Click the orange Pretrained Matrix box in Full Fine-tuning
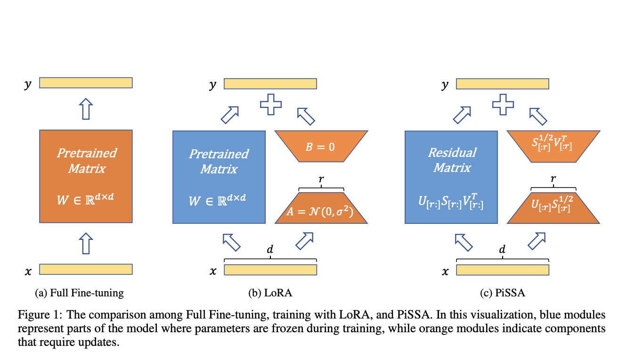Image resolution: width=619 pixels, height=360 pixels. tap(86, 176)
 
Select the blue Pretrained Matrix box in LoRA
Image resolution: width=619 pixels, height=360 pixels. tap(219, 177)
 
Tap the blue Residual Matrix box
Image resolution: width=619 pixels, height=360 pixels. tap(451, 177)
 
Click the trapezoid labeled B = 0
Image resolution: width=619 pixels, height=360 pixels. tap(320, 147)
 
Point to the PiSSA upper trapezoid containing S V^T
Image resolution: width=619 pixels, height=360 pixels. tap(553, 147)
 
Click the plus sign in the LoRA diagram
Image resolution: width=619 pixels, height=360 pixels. tap(271, 105)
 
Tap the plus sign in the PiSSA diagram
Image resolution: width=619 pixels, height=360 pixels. tap(503, 105)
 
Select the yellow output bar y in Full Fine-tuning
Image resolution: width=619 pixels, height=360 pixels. tap(86, 83)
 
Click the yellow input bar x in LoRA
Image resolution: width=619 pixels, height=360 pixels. tap(270, 270)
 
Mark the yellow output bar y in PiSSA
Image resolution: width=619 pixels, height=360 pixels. tap(502, 83)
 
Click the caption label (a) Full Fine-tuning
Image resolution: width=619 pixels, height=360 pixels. tap(79, 293)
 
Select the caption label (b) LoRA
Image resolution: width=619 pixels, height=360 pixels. tap(270, 293)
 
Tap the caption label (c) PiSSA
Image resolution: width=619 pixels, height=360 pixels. tap(503, 293)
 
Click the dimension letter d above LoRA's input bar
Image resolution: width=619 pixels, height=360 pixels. tap(270, 250)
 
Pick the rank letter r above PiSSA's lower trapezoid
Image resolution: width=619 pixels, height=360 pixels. tap(553, 180)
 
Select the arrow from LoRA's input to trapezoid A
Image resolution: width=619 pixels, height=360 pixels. tap(305, 241)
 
